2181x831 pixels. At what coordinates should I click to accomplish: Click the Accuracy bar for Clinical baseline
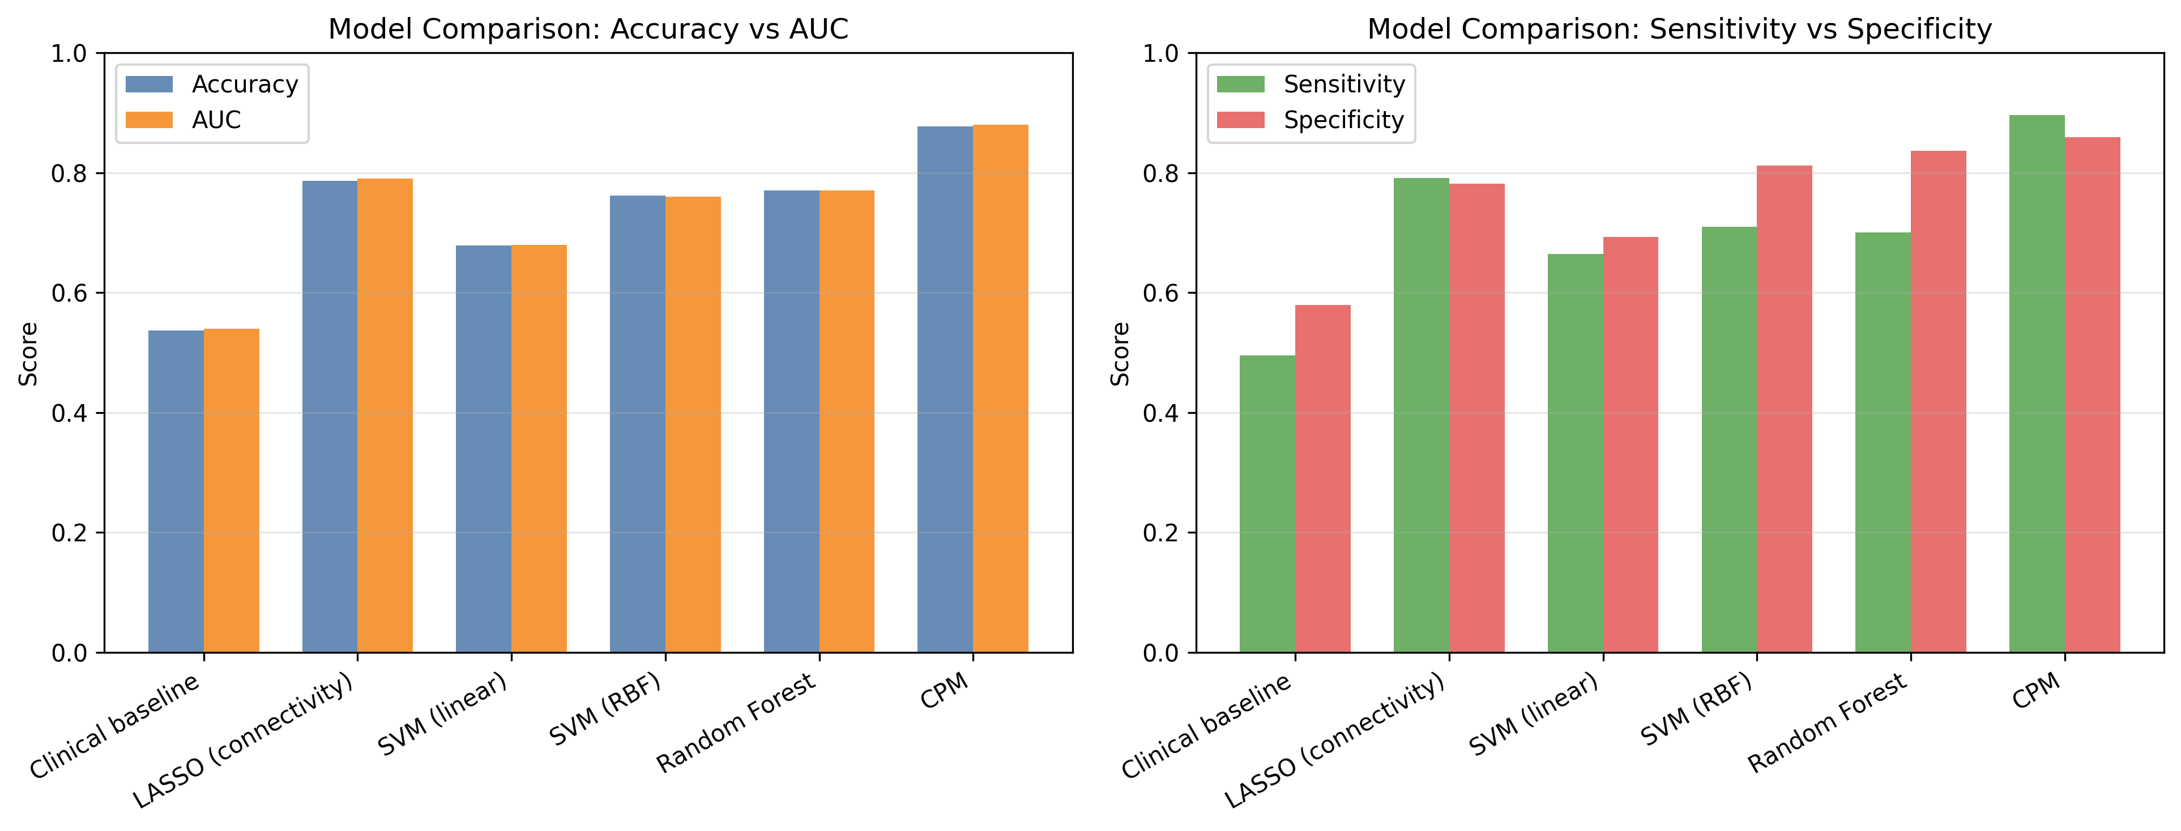(176, 491)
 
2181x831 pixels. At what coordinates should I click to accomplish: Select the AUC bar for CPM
(1001, 389)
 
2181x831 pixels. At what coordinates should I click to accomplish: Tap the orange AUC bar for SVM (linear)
(539, 449)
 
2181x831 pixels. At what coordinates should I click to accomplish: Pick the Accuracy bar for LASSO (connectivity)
(330, 417)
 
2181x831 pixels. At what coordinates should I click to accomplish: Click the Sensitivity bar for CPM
(2037, 384)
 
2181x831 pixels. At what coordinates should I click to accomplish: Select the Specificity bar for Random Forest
(1939, 401)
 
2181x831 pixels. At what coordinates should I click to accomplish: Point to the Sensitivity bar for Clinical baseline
(1267, 504)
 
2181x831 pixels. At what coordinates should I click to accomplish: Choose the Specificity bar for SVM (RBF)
(1785, 409)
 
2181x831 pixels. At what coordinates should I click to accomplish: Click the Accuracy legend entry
(212, 84)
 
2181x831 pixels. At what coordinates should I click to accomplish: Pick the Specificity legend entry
(1311, 120)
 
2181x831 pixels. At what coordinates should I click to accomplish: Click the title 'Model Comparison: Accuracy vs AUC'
(588, 29)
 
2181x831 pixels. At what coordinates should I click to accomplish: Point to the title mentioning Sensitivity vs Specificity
(1680, 29)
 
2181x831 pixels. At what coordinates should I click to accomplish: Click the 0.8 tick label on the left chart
(70, 173)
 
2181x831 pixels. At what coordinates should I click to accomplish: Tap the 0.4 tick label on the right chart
(1161, 413)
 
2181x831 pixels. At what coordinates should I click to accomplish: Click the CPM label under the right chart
(2036, 691)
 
